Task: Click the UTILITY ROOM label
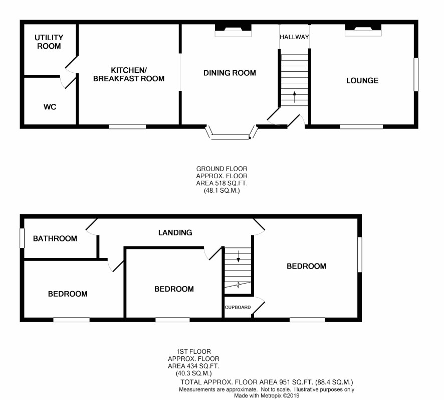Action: [x=49, y=42]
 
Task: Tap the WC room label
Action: [x=50, y=107]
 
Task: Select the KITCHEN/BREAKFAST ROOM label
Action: [x=129, y=74]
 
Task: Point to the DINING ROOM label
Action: [x=230, y=73]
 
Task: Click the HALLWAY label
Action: [x=294, y=37]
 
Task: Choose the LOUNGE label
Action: [x=362, y=81]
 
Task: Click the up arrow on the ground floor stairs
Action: [x=295, y=97]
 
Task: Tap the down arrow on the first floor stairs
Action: [x=238, y=256]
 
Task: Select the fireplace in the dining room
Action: [x=233, y=30]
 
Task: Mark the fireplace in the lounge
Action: [x=363, y=30]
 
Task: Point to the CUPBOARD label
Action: [x=238, y=307]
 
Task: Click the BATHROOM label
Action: [x=55, y=238]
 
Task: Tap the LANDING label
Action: [x=175, y=233]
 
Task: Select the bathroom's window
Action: [x=22, y=238]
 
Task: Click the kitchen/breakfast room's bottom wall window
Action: [x=127, y=126]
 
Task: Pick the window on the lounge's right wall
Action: [x=416, y=75]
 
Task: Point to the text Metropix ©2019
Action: [x=280, y=395]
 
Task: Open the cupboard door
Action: [x=258, y=306]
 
